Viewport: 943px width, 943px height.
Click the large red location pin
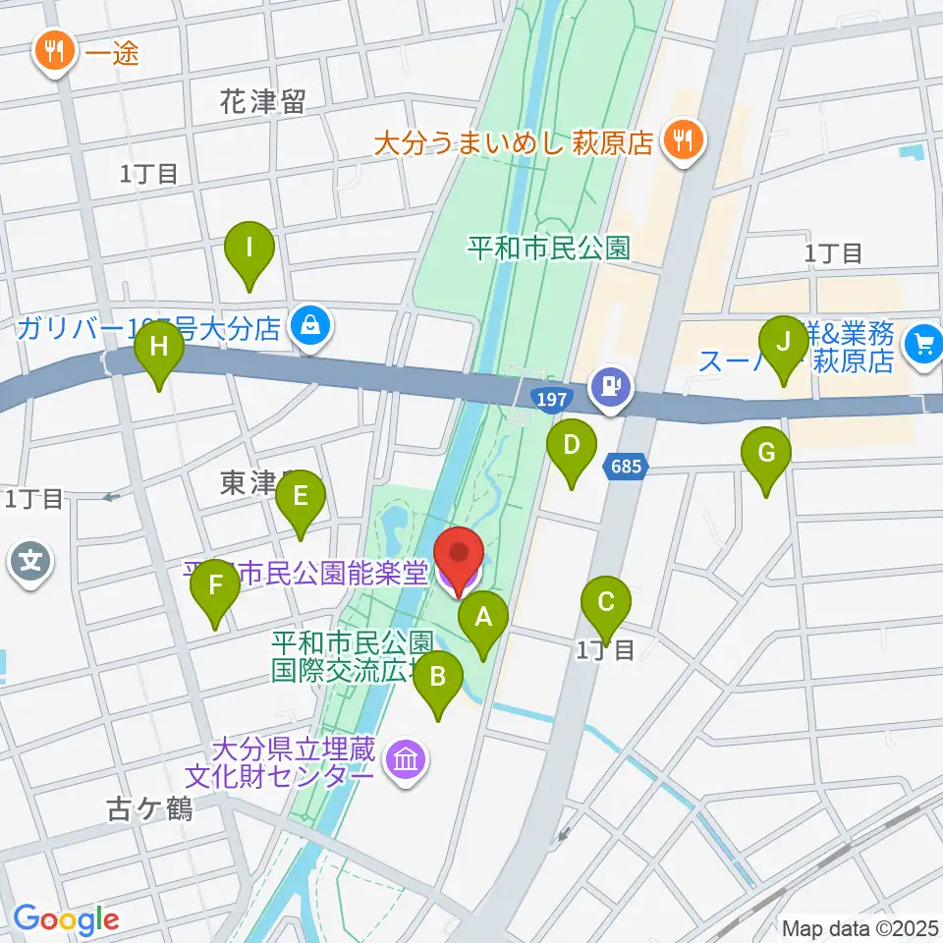tap(458, 556)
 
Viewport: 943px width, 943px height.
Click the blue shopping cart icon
tap(923, 343)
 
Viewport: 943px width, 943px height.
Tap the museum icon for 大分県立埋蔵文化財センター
tap(405, 761)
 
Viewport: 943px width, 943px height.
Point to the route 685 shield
tap(629, 468)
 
